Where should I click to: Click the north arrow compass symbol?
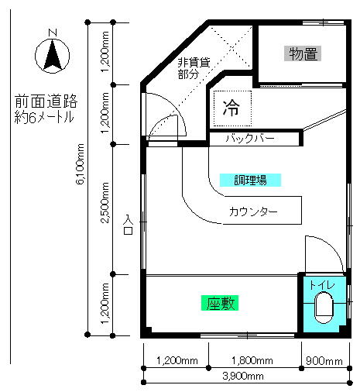[x=53, y=56]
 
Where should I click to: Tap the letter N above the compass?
[x=53, y=33]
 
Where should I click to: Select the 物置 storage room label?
[x=303, y=53]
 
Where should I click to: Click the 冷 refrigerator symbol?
[x=231, y=108]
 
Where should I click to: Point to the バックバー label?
[x=250, y=139]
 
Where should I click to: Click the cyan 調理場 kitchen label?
[x=250, y=180]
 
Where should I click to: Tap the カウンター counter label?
[x=253, y=211]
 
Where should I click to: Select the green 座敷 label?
[x=220, y=303]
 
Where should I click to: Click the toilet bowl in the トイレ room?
[x=324, y=308]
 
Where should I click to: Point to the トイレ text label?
[x=322, y=285]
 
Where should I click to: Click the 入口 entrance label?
[x=128, y=225]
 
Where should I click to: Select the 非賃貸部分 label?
[x=194, y=68]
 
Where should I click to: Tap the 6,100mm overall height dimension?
[x=81, y=164]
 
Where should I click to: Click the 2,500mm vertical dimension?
[x=105, y=203]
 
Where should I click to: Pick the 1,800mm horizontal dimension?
[x=252, y=360]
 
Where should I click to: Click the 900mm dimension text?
[x=324, y=361]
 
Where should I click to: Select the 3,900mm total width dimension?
[x=243, y=377]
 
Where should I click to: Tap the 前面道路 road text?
[x=46, y=101]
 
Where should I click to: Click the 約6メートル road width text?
[x=44, y=117]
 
